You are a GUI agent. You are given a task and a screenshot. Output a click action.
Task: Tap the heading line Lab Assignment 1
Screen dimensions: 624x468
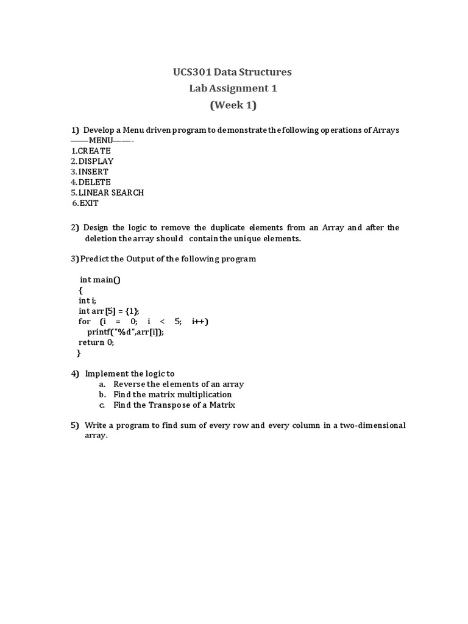coord(233,88)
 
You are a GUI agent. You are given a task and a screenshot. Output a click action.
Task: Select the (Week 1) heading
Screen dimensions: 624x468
coord(233,105)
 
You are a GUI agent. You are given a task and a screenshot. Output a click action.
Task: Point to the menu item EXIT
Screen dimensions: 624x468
coord(88,203)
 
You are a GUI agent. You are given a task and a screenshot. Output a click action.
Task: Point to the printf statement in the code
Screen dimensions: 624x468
coord(126,332)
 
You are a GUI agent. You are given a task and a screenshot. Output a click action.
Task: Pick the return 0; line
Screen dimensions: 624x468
coord(96,342)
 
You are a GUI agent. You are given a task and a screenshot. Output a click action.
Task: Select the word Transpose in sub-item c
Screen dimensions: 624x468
coord(175,405)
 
